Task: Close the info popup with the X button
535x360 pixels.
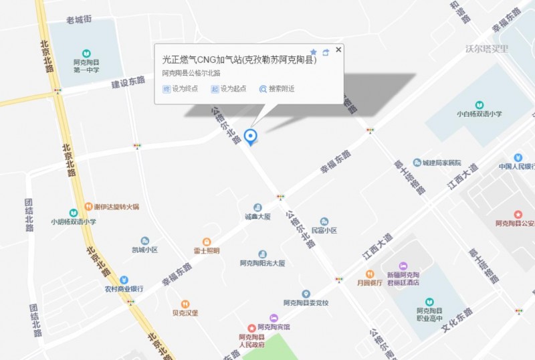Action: point(338,50)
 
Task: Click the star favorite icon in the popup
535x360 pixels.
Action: point(313,52)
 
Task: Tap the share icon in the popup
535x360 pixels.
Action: point(326,52)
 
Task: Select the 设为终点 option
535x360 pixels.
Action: point(180,88)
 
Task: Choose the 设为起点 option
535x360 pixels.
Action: point(229,88)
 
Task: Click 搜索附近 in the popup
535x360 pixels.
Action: point(277,88)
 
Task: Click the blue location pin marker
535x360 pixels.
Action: point(251,137)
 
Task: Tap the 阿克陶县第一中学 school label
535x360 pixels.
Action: point(86,66)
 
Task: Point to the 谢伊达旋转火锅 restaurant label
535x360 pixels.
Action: point(116,207)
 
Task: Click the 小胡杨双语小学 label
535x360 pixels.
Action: point(74,221)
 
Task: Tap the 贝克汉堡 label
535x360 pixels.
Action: point(185,312)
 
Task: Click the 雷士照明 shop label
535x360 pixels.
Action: point(207,251)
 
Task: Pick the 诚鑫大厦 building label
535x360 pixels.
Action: point(257,216)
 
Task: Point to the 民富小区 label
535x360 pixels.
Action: point(324,230)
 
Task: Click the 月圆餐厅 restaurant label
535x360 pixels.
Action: point(369,282)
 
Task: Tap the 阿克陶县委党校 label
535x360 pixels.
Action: point(306,302)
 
